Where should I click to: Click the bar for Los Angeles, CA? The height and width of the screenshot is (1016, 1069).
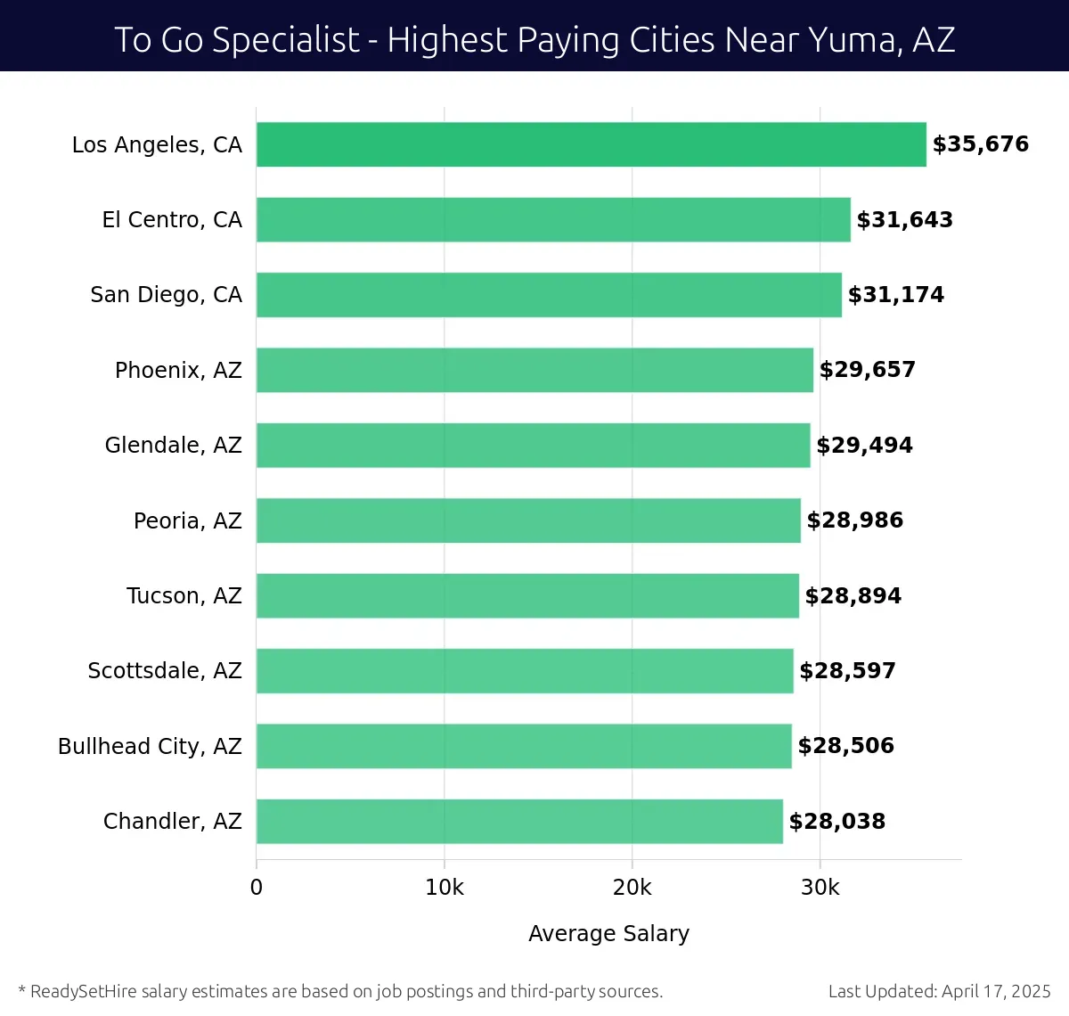(x=591, y=144)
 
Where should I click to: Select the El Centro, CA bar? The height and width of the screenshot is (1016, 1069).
(x=553, y=219)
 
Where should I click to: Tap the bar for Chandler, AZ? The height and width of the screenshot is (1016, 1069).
(x=519, y=821)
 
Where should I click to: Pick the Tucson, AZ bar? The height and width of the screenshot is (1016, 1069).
(x=527, y=595)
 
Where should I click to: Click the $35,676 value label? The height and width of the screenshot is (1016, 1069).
(x=980, y=144)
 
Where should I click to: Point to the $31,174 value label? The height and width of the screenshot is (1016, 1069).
(x=895, y=295)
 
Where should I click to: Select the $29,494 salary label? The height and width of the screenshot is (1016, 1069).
(x=864, y=445)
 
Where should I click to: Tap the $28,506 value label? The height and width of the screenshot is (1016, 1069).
(x=845, y=746)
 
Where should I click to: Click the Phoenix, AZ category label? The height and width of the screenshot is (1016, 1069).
(x=178, y=370)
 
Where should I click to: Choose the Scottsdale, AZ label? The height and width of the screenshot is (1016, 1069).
(x=165, y=670)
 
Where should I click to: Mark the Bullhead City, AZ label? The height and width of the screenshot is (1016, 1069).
(x=150, y=746)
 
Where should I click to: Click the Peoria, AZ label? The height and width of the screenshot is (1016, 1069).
(x=187, y=520)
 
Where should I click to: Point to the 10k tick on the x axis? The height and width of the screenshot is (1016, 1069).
(x=444, y=888)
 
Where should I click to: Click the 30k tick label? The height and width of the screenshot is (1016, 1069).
(x=820, y=888)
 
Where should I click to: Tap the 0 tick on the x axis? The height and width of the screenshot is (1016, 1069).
(x=257, y=888)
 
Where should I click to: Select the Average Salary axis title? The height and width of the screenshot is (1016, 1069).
(x=608, y=933)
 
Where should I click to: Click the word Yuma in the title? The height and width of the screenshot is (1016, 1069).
(x=853, y=40)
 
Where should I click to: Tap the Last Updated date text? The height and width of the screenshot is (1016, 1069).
(x=939, y=991)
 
